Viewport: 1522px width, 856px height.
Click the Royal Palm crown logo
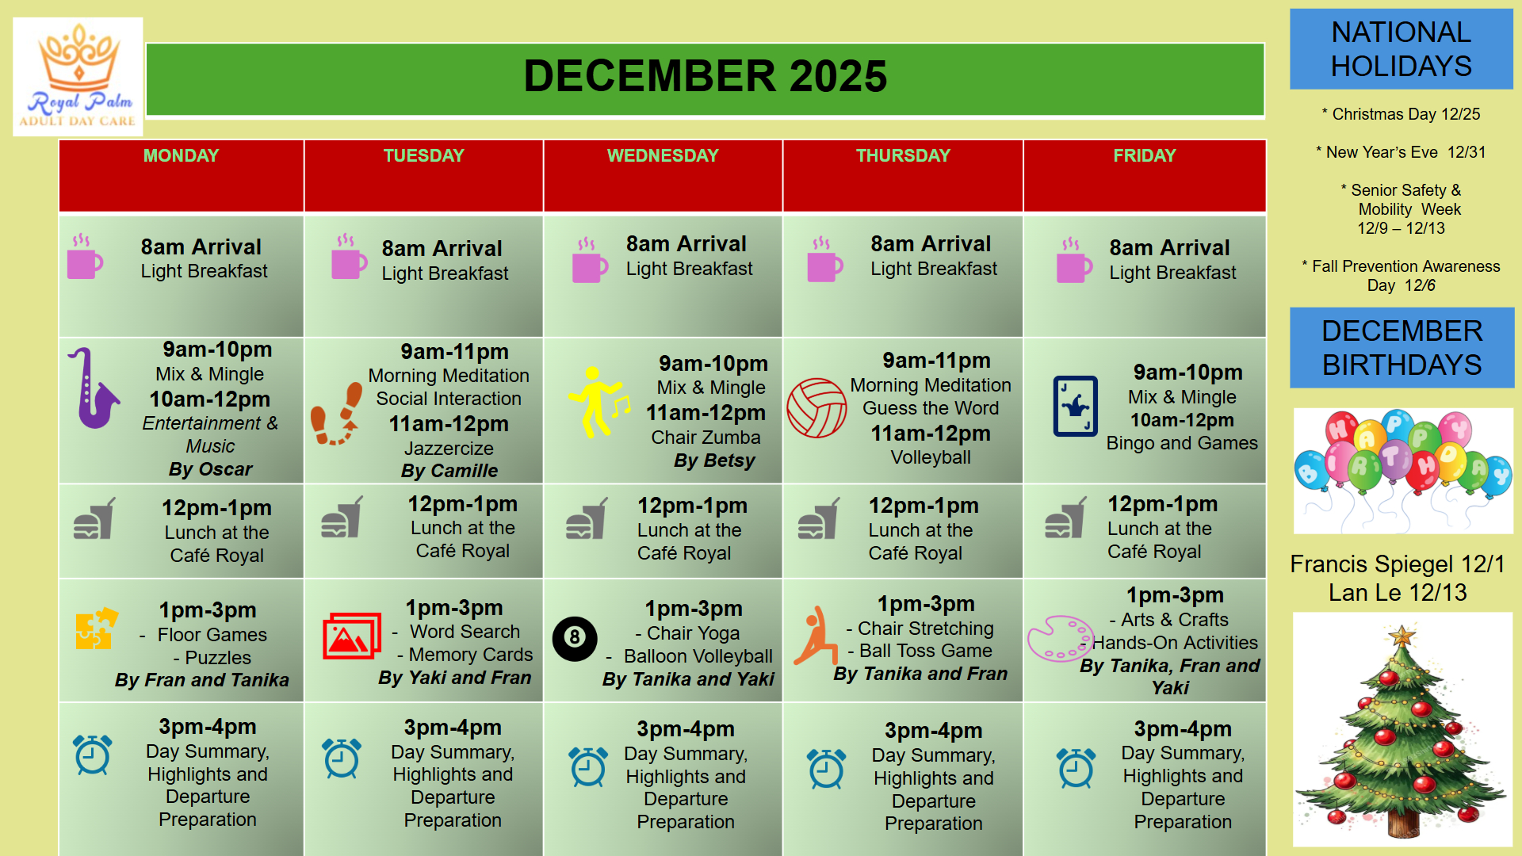pyautogui.click(x=78, y=77)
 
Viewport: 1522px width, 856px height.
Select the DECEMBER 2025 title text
pyautogui.click(x=705, y=76)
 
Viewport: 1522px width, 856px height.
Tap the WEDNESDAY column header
pyautogui.click(x=663, y=155)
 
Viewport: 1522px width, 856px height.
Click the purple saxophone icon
pyautogui.click(x=93, y=388)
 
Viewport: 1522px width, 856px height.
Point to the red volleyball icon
pyautogui.click(x=816, y=407)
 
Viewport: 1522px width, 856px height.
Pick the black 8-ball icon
pyautogui.click(x=575, y=638)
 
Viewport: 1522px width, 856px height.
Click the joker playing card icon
pyautogui.click(x=1075, y=406)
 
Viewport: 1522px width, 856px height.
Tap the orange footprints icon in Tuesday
pyautogui.click(x=336, y=414)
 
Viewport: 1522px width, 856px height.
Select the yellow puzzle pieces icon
pyautogui.click(x=96, y=629)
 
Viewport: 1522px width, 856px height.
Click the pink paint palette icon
pyautogui.click(x=1061, y=638)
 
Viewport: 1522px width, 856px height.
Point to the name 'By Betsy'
pyautogui.click(x=714, y=460)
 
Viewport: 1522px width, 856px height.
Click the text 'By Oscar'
pyautogui.click(x=210, y=469)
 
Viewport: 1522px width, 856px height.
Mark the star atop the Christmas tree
pyautogui.click(x=1402, y=636)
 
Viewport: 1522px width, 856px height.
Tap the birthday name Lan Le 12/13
pyautogui.click(x=1398, y=592)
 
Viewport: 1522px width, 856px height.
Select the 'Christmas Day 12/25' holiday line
pyautogui.click(x=1401, y=114)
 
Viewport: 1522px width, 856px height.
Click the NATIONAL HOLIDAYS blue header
pyautogui.click(x=1401, y=49)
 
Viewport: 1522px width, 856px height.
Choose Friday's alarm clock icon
pyautogui.click(x=1076, y=767)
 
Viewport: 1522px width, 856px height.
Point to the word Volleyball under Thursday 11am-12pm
pyautogui.click(x=931, y=457)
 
